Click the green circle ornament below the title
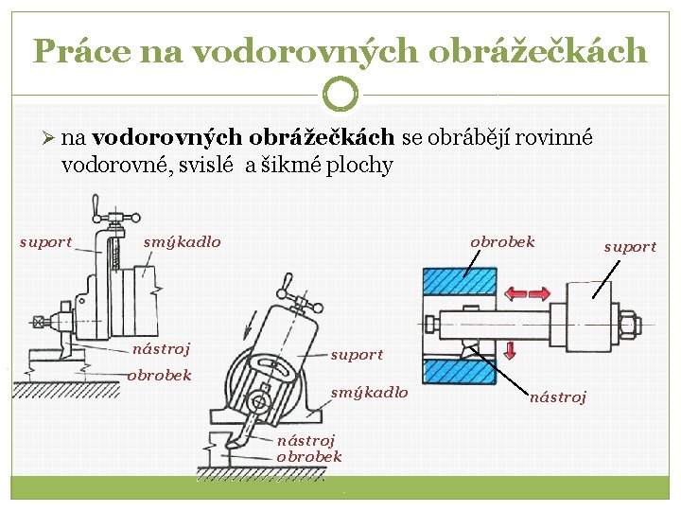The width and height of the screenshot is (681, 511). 340,94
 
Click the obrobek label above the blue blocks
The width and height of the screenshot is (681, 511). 502,242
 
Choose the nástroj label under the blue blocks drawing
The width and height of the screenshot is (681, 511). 558,397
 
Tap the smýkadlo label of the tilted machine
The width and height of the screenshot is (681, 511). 369,393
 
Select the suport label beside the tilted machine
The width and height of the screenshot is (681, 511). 357,356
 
